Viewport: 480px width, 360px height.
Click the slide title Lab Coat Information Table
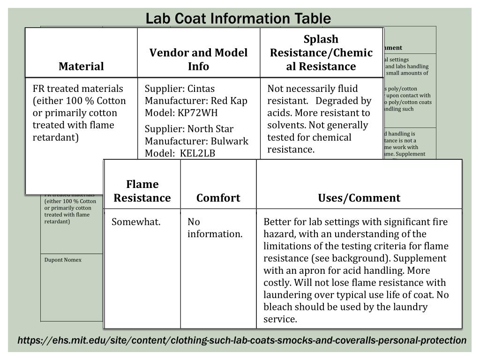tap(238, 19)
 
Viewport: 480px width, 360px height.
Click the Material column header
tap(81, 67)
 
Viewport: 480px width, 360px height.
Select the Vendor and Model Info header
tap(198, 60)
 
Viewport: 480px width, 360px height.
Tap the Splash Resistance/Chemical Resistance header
tap(321, 52)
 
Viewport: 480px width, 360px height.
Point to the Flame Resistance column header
tap(142, 191)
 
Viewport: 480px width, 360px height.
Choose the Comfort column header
tap(218, 198)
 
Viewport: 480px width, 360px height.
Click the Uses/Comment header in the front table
tap(359, 198)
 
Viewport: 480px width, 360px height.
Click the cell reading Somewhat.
tap(136, 222)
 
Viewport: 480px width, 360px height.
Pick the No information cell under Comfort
tap(215, 228)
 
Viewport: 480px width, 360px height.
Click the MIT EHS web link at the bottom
tap(242, 340)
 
